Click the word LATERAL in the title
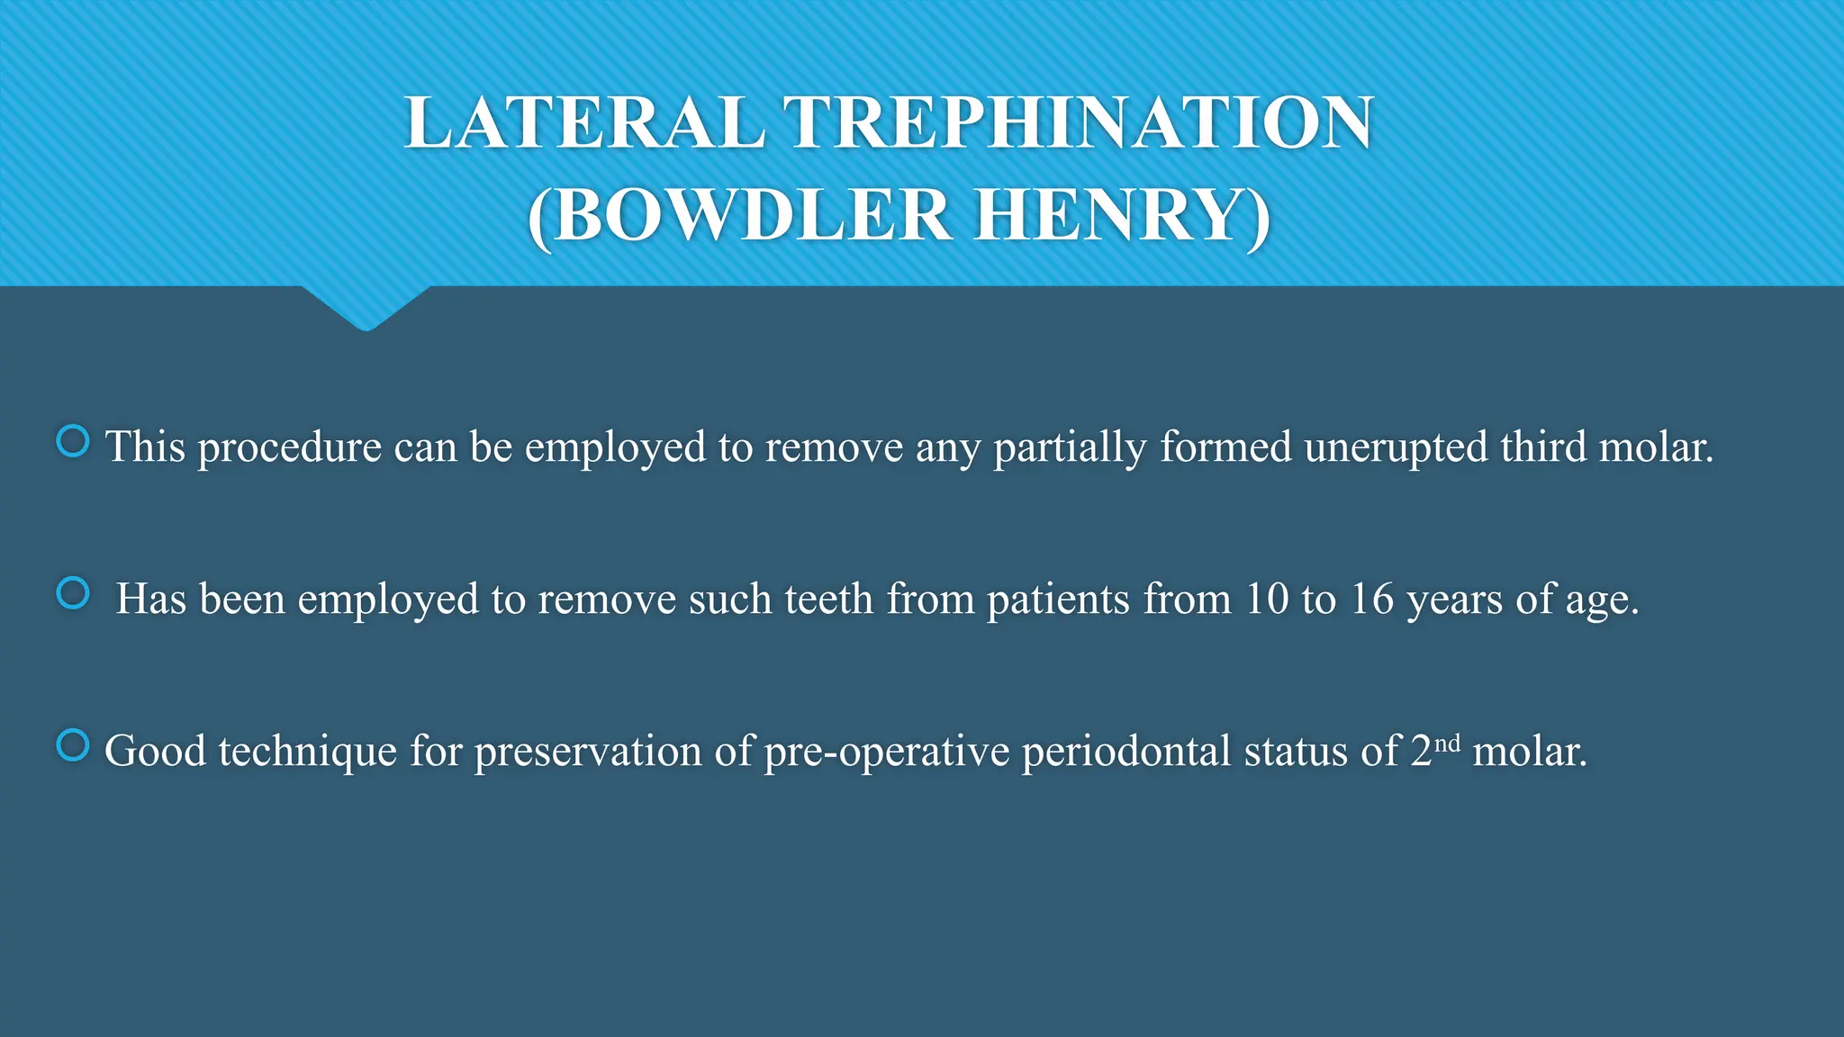click(x=585, y=123)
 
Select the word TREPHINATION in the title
click(x=1079, y=123)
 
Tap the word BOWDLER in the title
click(x=753, y=215)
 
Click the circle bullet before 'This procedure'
click(x=73, y=441)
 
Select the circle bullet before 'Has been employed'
click(x=73, y=593)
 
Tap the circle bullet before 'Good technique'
click(x=73, y=745)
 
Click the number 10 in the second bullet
click(x=1267, y=600)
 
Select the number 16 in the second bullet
click(x=1371, y=600)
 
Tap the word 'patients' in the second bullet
click(x=1058, y=600)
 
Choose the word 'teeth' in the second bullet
click(x=828, y=600)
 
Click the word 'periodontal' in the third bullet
click(x=1126, y=752)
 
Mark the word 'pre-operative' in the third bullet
click(x=886, y=752)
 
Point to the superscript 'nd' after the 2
click(x=1447, y=743)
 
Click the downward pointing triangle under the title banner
click(x=366, y=309)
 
